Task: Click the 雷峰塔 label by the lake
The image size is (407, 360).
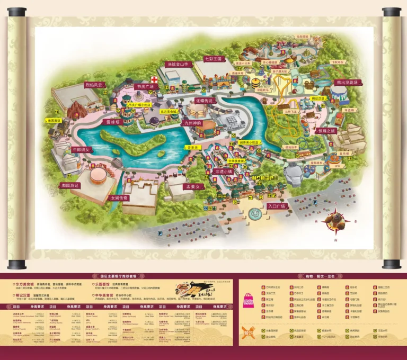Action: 113,121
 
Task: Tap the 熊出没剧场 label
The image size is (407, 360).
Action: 347,83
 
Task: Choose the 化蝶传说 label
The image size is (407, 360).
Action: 206,100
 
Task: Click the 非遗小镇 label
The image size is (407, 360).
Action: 223,172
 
